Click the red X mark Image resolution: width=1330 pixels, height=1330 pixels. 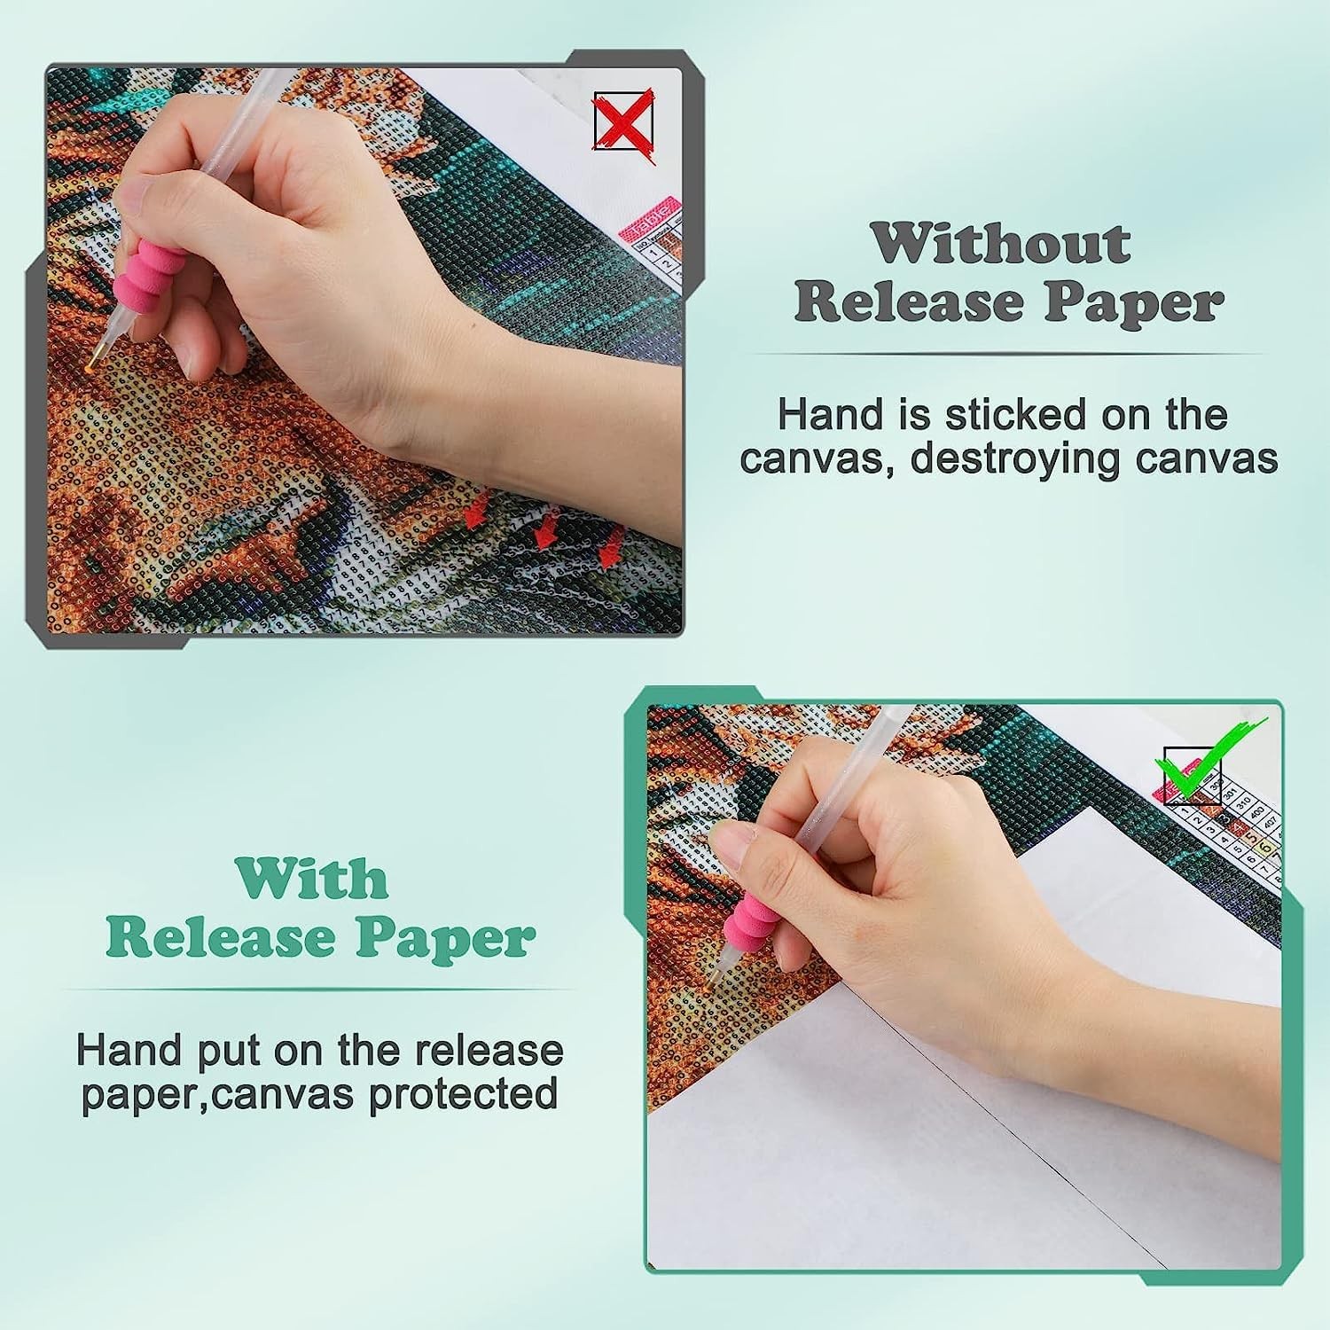point(624,121)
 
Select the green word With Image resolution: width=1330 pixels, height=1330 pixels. point(312,879)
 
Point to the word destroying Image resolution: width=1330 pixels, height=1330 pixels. point(1001,459)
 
